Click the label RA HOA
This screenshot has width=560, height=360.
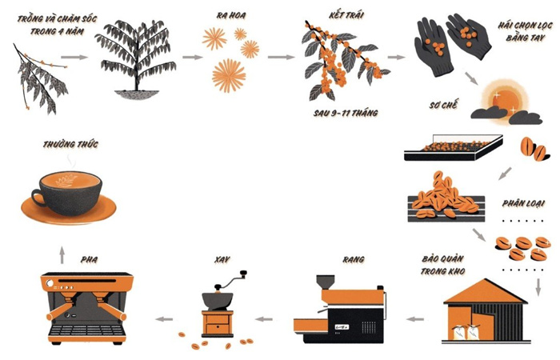coord(231,16)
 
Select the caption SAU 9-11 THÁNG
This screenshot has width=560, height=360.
coord(346,114)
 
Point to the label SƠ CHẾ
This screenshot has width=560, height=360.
coord(443,105)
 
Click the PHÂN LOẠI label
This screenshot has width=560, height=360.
coord(523,203)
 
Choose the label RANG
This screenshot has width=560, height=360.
coord(354,259)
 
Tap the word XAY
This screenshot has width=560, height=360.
coord(222,259)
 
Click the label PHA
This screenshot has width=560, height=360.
coord(89,259)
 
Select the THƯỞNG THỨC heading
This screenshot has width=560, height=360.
coord(70,144)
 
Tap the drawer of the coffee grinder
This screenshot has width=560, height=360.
coord(217,328)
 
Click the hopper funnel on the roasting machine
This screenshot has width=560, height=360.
coord(326,282)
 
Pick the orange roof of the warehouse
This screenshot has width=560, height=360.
coord(486,292)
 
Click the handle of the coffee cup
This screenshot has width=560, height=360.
coord(36,197)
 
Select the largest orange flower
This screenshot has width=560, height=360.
coord(229,76)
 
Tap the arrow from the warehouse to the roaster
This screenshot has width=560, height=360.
coord(415,319)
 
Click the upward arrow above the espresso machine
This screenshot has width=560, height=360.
coord(62,254)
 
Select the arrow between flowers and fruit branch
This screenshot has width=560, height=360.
coord(282,57)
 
